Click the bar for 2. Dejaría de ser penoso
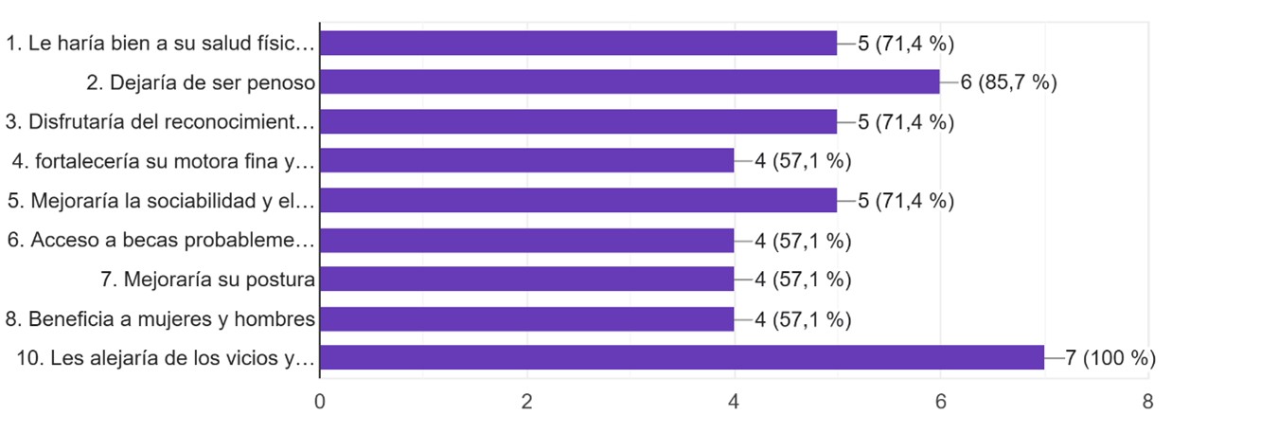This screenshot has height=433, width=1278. tap(630, 82)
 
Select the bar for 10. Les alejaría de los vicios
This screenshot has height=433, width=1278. tap(682, 358)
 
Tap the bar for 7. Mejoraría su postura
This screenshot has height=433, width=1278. tap(526, 280)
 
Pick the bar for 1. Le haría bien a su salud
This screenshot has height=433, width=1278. tap(578, 43)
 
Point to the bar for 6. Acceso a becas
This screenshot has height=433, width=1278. tap(526, 241)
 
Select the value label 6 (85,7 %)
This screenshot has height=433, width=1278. tap(1008, 82)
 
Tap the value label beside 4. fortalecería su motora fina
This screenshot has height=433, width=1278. tap(803, 161)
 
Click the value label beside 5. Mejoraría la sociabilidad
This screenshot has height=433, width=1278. tap(905, 201)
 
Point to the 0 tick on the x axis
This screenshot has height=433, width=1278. tap(320, 402)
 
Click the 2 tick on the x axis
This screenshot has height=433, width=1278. tap(527, 402)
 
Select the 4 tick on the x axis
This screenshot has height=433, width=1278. tap(734, 402)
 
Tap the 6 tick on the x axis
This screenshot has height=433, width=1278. tap(940, 402)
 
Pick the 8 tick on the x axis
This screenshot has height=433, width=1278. tap(1147, 402)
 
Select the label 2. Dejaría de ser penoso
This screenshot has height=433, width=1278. tap(200, 82)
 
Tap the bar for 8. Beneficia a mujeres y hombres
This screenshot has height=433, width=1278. tap(526, 319)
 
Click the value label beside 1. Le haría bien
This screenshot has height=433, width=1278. tap(905, 43)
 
